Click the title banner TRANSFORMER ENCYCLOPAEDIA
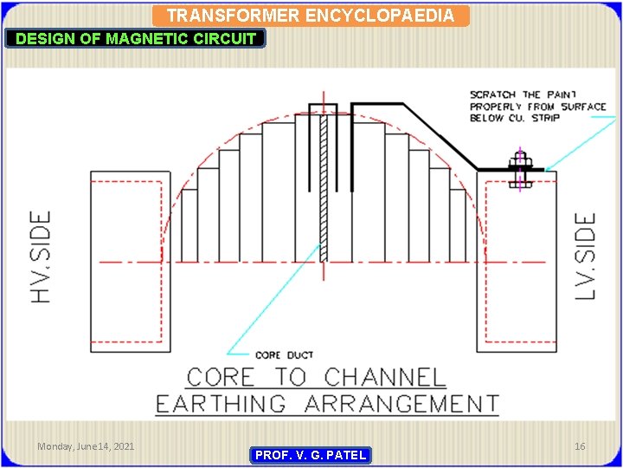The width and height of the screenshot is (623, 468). pos(311,16)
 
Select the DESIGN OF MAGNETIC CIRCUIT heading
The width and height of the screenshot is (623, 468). pos(136,38)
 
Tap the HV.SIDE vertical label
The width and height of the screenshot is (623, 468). pos(41,257)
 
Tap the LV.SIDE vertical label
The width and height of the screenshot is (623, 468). pos(587,257)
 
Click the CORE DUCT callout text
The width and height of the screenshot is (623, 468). pos(285,355)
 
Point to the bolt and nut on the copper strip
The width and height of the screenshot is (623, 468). pos(518,171)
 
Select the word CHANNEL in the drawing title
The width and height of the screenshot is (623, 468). pos(385,378)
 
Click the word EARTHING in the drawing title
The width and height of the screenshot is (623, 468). pos(220,404)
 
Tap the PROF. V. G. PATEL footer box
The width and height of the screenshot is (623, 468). pos(311,455)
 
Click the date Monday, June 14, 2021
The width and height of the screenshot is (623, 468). pos(86,445)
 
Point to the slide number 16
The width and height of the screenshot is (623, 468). pos(580,445)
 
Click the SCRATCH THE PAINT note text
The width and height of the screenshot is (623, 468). pos(536,106)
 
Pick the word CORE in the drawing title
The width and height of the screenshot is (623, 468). pos(222,378)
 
